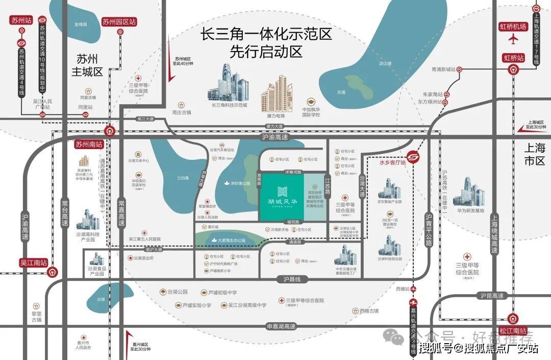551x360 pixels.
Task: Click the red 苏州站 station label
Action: (x=22, y=21)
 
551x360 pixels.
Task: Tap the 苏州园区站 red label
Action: (x=119, y=22)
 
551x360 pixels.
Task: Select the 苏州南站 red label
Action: (x=89, y=145)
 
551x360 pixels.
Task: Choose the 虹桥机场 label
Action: (x=513, y=27)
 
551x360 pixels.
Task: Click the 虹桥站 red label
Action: (x=514, y=58)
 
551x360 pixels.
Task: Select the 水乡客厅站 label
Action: (x=392, y=163)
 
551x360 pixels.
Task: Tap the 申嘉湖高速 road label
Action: (x=281, y=326)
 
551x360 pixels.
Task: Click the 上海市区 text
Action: (x=535, y=154)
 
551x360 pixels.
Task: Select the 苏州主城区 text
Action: (x=87, y=64)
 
